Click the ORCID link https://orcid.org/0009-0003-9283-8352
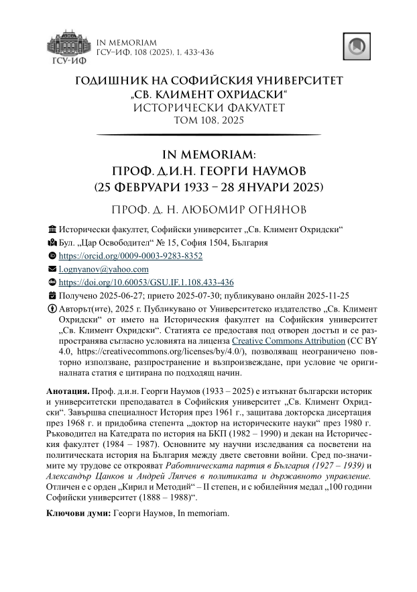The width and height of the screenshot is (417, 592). [x=131, y=256]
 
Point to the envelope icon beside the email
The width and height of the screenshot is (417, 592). [x=54, y=269]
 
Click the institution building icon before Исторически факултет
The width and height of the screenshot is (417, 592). [x=54, y=230]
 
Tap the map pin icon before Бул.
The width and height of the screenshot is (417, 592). [x=54, y=243]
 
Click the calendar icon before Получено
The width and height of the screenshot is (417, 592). [x=54, y=295]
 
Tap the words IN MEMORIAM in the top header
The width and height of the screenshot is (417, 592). [x=127, y=42]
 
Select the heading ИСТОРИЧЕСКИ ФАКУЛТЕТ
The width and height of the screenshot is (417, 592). [x=208, y=107]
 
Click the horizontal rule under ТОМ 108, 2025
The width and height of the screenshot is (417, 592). [x=208, y=135]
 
